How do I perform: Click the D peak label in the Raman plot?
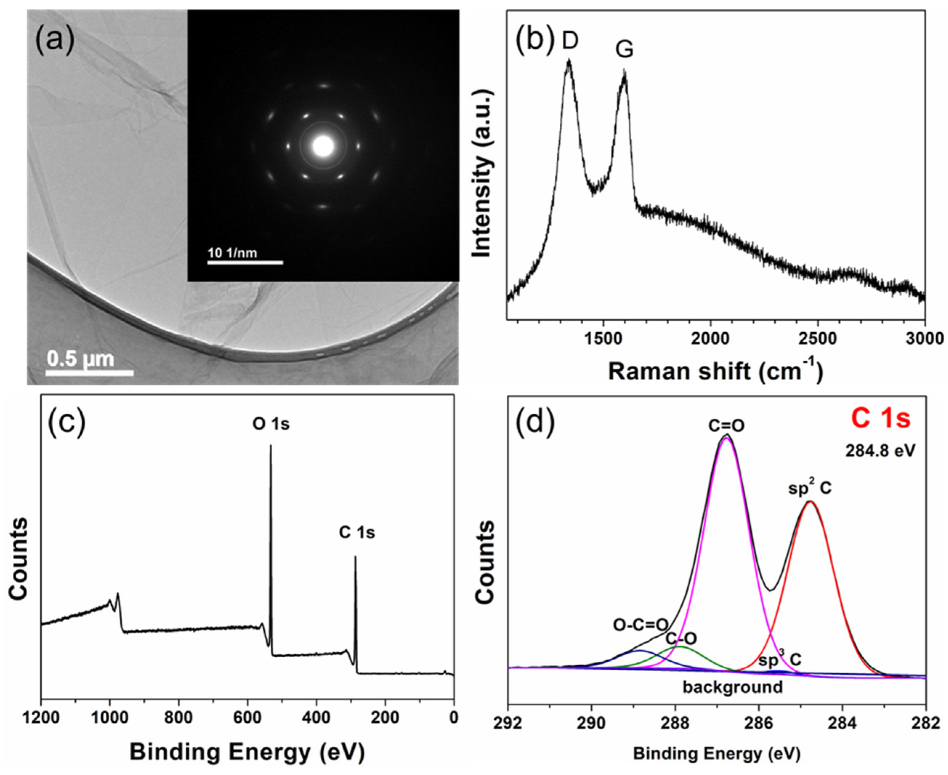click(570, 41)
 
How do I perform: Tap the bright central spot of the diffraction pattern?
click(323, 146)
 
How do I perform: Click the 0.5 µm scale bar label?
click(80, 358)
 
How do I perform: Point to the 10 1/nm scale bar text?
click(232, 253)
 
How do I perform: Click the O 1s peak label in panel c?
click(271, 424)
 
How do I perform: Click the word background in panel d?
click(733, 687)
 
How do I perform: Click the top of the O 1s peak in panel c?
click(270, 446)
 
